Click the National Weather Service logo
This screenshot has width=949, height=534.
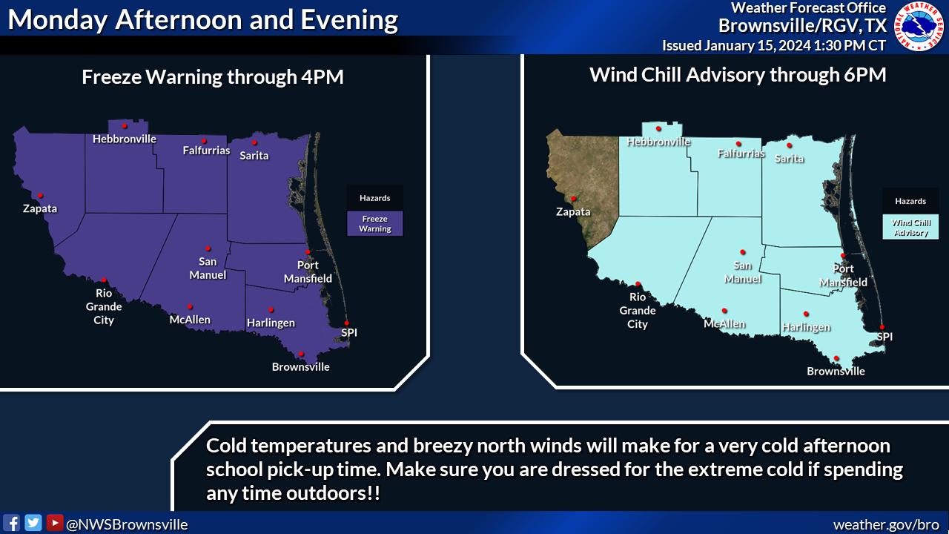click(919, 26)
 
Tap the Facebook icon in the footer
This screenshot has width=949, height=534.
click(11, 523)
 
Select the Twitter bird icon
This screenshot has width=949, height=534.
click(33, 523)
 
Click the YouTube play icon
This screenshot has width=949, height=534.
click(55, 523)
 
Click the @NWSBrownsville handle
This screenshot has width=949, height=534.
click(127, 524)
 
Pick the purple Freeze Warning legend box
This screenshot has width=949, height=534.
click(375, 223)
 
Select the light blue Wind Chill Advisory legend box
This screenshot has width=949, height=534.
click(910, 227)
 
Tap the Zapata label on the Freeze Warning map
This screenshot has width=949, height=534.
click(40, 208)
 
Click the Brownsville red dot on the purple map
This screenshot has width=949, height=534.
click(301, 354)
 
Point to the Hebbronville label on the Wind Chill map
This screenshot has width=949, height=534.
click(658, 142)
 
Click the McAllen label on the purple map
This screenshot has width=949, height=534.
click(190, 320)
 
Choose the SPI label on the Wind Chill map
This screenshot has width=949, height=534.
click(884, 337)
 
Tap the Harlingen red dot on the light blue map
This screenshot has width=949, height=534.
click(806, 314)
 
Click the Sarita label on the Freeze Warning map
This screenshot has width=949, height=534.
click(254, 156)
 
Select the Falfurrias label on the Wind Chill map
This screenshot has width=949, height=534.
click(741, 153)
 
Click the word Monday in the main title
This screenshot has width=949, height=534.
click(58, 19)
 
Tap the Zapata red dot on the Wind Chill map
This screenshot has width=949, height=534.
click(573, 199)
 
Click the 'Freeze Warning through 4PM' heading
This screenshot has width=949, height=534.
click(213, 76)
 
